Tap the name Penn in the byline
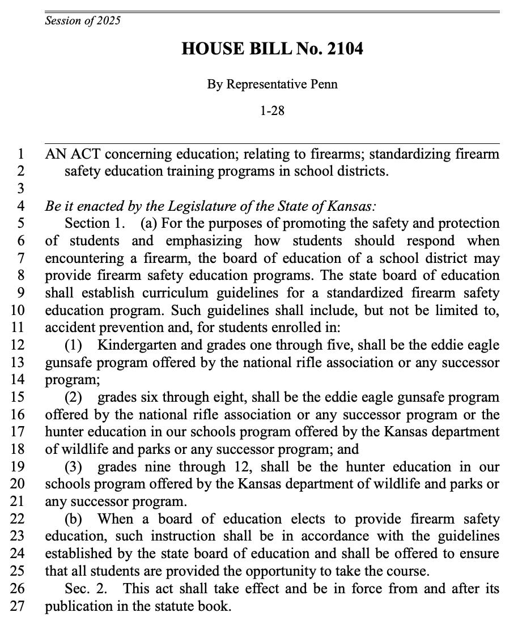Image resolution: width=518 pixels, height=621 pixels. [325, 84]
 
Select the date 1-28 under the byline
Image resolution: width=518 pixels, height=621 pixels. [272, 110]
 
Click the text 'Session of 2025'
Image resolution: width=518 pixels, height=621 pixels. [83, 22]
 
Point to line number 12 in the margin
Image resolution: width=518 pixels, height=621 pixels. [19, 345]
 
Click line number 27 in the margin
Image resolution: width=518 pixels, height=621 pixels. [19, 606]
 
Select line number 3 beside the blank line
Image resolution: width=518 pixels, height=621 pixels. [22, 189]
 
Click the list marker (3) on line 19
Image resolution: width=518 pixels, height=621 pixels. [74, 466]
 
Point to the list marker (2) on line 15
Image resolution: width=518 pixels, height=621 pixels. [74, 397]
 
